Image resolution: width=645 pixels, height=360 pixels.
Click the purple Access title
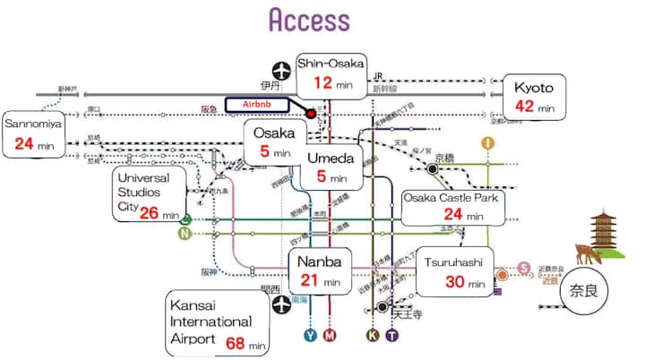pos(309,20)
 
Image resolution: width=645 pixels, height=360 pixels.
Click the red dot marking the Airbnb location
pos(310,113)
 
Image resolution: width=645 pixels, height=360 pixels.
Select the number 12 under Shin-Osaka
pos(322,83)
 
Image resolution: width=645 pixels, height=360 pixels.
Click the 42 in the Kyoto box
pos(524,107)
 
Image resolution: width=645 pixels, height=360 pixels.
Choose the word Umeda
pos(331,159)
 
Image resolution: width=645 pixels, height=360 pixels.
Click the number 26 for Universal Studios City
pos(149,213)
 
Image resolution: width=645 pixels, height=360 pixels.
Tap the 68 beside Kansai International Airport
pos(236,344)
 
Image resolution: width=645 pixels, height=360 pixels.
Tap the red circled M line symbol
pos(330,336)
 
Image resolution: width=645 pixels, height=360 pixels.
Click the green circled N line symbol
pos(185,235)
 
